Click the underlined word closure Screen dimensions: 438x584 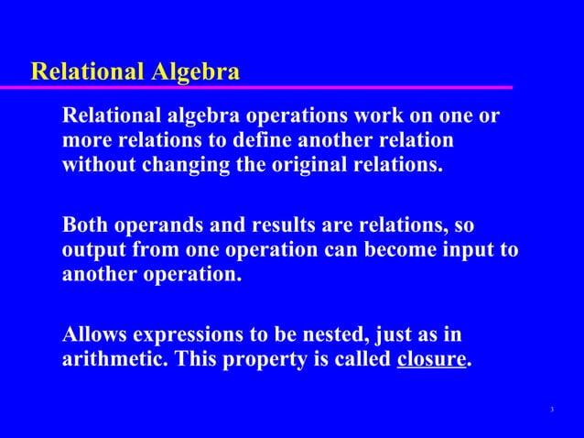pos(432,359)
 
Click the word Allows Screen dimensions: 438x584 pos(93,334)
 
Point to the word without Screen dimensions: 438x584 pos(98,168)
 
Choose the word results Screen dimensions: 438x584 pos(284,225)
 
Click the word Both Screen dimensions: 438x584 pos(84,225)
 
